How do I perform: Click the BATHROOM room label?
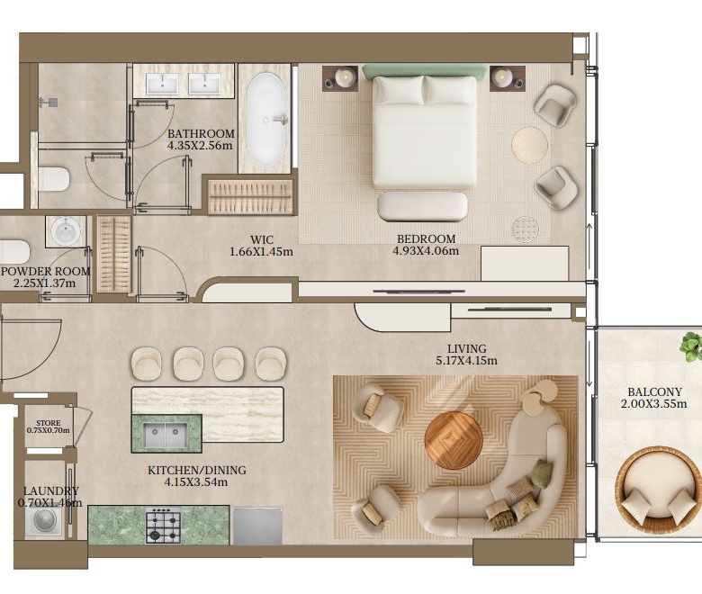201,133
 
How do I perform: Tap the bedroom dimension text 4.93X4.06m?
426,251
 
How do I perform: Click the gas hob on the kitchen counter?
163,526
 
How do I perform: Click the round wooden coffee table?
454,440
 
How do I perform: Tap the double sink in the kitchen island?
166,436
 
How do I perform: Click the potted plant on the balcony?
691,346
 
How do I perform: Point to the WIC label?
262,239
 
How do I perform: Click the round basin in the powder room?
66,231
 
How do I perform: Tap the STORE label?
49,423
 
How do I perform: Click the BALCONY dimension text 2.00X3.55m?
653,404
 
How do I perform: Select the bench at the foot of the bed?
423,206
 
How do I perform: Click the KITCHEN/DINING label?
197,471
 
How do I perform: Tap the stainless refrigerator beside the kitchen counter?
257,526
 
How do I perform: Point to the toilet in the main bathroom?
54,179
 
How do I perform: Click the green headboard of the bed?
425,71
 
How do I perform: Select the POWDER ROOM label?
46,271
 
